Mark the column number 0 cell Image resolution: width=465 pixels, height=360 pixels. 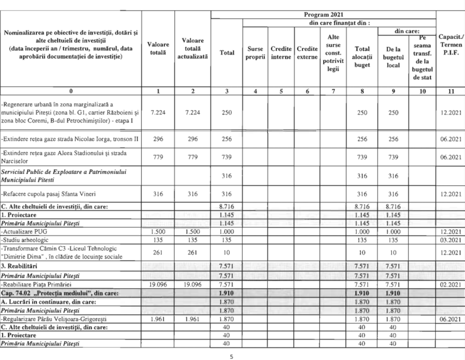[71, 90]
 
